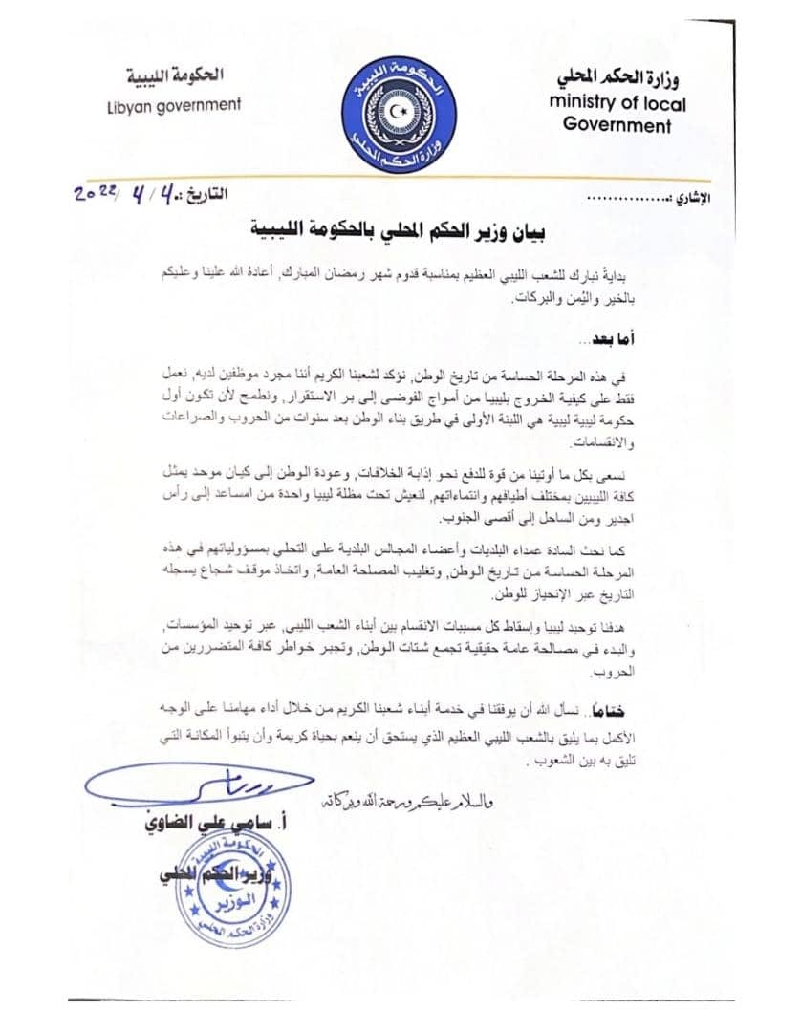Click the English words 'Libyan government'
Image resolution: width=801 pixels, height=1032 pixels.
pyautogui.click(x=174, y=105)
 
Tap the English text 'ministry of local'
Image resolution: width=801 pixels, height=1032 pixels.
pyautogui.click(x=617, y=104)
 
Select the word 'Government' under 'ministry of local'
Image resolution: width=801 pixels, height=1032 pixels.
pyautogui.click(x=617, y=125)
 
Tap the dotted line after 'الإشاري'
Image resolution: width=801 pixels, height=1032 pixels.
pyautogui.click(x=624, y=200)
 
